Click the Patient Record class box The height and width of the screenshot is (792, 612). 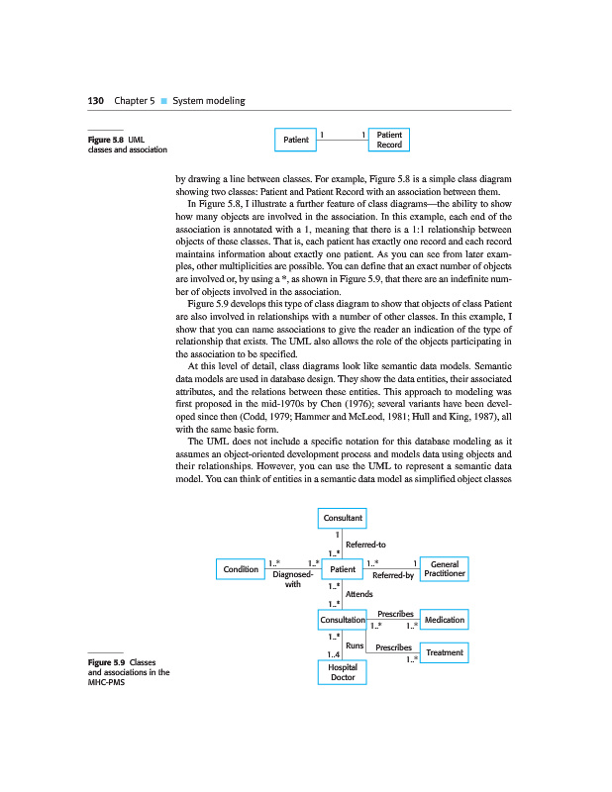click(x=389, y=140)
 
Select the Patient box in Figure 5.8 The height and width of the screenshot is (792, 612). click(x=295, y=141)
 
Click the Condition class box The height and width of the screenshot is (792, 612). click(x=241, y=569)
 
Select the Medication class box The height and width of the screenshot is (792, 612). click(x=444, y=620)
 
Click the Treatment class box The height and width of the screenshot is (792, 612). click(x=444, y=653)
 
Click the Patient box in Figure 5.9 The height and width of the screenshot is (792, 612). click(x=343, y=569)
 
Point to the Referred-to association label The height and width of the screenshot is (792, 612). click(x=365, y=544)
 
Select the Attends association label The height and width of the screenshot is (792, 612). click(x=358, y=594)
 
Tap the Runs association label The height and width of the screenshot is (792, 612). click(x=355, y=645)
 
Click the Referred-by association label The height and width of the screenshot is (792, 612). click(x=393, y=575)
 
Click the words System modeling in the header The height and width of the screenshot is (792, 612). click(x=210, y=101)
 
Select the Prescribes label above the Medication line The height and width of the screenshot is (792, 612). click(x=395, y=614)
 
